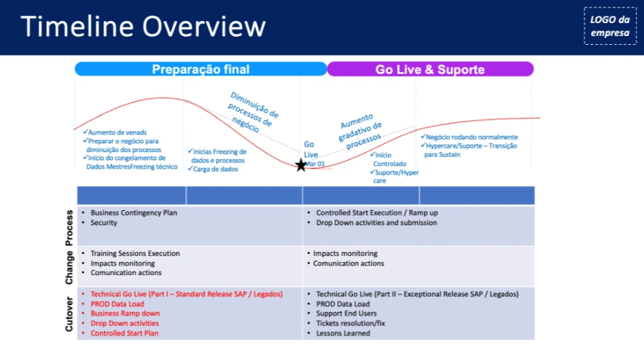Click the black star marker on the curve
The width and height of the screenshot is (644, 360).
click(301, 165)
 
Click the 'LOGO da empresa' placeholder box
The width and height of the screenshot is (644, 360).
click(609, 26)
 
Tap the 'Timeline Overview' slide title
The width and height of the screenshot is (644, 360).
click(143, 26)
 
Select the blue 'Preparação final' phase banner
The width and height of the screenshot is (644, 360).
click(200, 69)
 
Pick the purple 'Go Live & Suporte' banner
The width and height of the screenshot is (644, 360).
click(430, 69)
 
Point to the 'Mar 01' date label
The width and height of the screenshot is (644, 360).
click(314, 164)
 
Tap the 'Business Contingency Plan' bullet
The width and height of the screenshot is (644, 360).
click(133, 213)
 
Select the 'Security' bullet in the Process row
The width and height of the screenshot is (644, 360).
click(103, 223)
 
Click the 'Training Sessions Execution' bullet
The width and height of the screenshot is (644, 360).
click(135, 253)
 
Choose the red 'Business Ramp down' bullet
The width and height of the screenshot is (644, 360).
click(125, 314)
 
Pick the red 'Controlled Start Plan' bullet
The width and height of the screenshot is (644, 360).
click(124, 334)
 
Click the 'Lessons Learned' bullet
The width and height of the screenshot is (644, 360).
click(343, 334)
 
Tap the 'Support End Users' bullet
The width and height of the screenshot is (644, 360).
click(346, 314)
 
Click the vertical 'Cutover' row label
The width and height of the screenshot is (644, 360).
click(69, 314)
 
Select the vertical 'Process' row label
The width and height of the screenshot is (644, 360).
click(69, 227)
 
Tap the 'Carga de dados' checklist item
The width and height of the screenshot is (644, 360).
click(215, 169)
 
